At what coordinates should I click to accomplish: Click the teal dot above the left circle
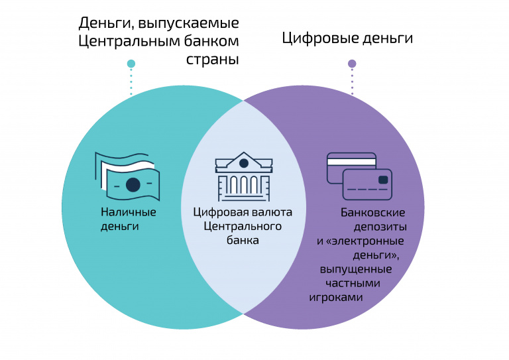(131, 64)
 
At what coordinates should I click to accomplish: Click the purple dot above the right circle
(352, 64)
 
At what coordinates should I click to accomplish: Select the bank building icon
(243, 177)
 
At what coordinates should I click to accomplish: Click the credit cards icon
(359, 176)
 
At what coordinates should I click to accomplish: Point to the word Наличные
(129, 212)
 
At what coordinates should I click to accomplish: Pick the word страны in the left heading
(212, 59)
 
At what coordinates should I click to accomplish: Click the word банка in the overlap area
(243, 240)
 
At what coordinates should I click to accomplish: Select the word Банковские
(373, 213)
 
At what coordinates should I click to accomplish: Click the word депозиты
(380, 227)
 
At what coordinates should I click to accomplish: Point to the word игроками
(335, 298)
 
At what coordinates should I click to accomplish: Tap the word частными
(353, 283)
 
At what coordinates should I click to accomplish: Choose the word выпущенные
(356, 269)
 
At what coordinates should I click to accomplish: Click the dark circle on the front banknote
(133, 185)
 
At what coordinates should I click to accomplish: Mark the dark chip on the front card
(383, 180)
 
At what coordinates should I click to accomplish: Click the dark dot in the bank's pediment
(244, 163)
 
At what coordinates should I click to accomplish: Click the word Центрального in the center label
(243, 226)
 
